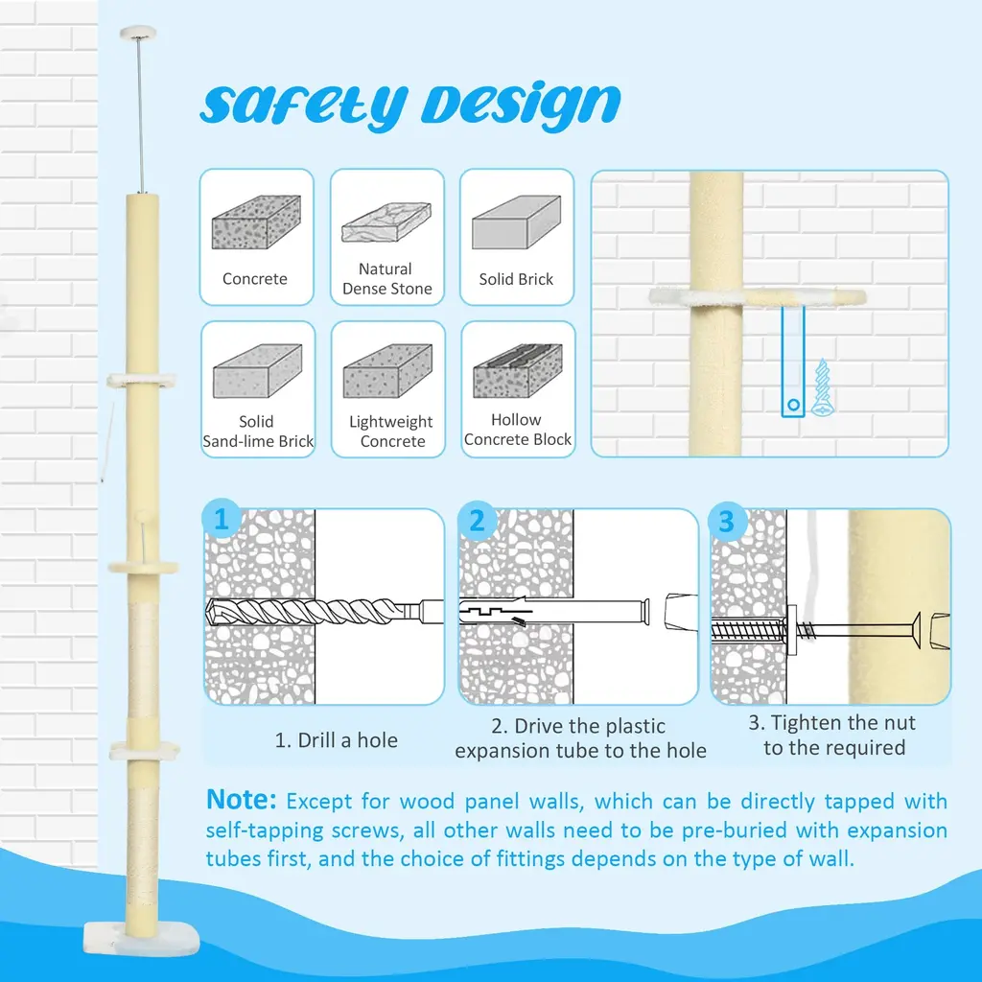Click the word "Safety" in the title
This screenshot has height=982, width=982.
[304, 105]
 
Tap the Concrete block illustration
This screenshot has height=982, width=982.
[256, 222]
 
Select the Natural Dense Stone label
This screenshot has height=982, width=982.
[387, 279]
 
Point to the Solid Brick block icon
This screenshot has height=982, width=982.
[516, 222]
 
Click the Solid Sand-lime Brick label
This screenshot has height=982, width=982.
[257, 431]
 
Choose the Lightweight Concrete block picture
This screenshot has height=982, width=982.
[387, 371]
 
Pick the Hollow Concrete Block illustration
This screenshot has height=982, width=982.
[517, 370]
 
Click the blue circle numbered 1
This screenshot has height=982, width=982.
[222, 519]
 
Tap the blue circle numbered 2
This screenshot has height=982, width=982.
[477, 521]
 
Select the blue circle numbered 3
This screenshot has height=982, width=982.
[727, 521]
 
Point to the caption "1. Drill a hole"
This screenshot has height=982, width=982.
[337, 740]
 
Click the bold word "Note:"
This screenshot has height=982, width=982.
[241, 800]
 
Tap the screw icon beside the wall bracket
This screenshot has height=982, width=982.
[822, 387]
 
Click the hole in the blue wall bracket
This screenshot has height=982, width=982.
[793, 405]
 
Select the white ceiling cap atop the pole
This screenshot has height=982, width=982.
[138, 32]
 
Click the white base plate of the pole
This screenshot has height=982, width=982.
[141, 940]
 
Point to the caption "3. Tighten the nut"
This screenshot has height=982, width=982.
[832, 723]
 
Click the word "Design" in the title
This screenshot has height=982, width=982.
[521, 105]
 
